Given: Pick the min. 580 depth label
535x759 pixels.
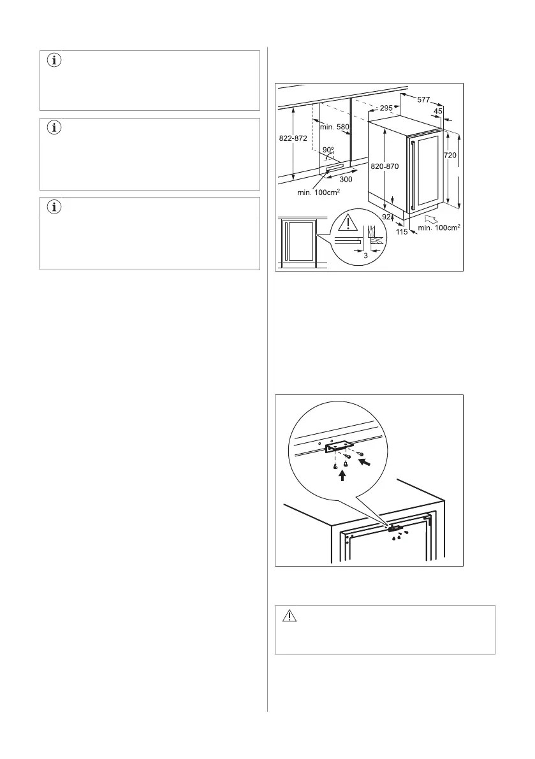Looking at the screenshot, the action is click(335, 127).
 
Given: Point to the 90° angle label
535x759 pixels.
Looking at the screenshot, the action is click(328, 151).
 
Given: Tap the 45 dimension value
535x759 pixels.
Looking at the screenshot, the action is click(438, 112).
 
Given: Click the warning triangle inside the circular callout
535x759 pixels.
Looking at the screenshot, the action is click(348, 222).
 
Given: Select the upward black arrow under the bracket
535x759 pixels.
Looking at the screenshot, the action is click(342, 473).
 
